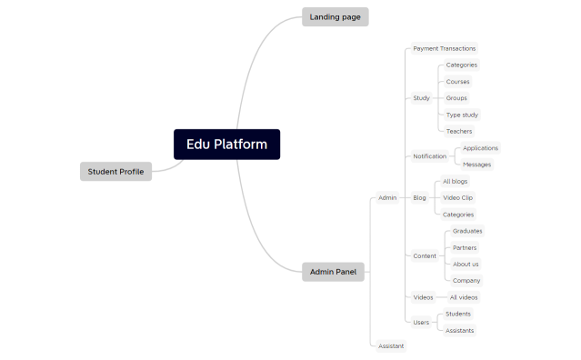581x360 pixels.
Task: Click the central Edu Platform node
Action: (226, 144)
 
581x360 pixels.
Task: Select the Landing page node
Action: (335, 16)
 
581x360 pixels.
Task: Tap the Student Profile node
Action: (115, 171)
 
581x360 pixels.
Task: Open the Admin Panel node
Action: (333, 271)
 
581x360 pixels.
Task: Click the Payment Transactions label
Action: (444, 48)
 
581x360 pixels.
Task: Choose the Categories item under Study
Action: (461, 65)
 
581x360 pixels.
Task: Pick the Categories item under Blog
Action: (458, 215)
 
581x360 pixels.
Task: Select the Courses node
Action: (457, 82)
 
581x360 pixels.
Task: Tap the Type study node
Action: (462, 115)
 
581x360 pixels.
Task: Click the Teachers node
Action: (458, 131)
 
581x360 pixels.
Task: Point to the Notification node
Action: (429, 155)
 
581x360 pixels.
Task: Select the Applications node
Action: (480, 147)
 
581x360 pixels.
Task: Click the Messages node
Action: (476, 165)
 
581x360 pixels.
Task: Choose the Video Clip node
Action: (457, 197)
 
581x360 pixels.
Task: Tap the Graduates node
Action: (467, 231)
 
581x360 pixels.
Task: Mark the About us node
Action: (466, 264)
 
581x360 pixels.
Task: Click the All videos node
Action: (463, 297)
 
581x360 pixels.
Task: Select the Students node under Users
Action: (458, 314)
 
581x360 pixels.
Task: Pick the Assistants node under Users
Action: (459, 330)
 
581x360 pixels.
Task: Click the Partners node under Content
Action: (465, 247)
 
